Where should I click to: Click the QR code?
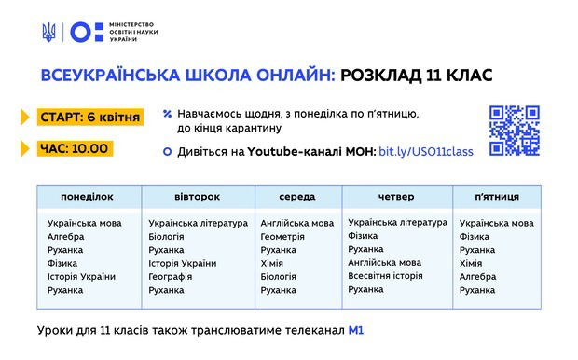coord(515,131)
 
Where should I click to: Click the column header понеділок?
coord(87,197)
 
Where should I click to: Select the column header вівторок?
coord(197,197)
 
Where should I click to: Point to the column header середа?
coord(296,197)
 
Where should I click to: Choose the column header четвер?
coord(396,197)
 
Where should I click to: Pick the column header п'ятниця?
coord(497,197)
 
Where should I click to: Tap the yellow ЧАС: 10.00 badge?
coord(75,147)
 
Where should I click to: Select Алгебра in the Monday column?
coord(66,237)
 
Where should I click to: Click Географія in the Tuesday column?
coord(172,277)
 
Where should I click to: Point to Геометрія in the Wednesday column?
coord(282,237)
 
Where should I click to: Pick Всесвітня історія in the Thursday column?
coord(385,276)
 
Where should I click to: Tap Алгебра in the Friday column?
coord(477,277)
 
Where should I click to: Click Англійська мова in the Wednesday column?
coord(296,224)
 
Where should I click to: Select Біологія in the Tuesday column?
coord(167,237)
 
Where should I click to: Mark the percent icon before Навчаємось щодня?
coord(167,114)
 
